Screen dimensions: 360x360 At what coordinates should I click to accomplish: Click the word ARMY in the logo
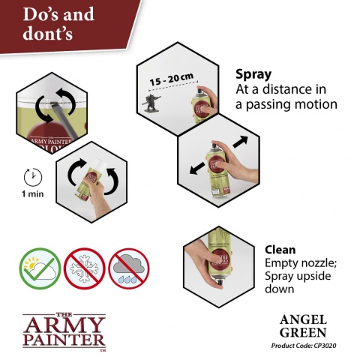coord(63,324)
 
